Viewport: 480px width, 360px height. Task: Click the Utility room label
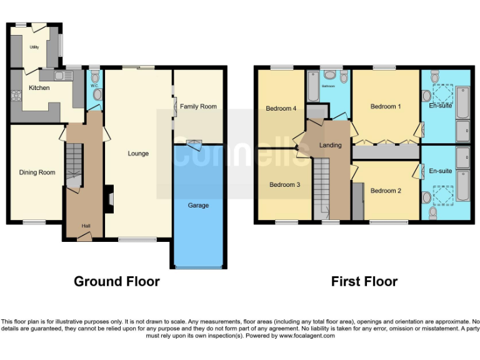pyautogui.click(x=34, y=47)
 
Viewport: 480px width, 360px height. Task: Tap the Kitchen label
pyautogui.click(x=39, y=88)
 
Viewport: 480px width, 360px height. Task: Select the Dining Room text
pyautogui.click(x=37, y=172)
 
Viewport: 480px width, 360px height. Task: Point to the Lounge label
pyautogui.click(x=138, y=153)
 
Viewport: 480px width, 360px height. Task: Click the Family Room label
pyautogui.click(x=198, y=106)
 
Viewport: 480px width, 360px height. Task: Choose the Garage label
pyautogui.click(x=198, y=205)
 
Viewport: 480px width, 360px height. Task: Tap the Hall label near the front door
pyautogui.click(x=86, y=226)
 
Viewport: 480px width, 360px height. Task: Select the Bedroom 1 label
pyautogui.click(x=386, y=106)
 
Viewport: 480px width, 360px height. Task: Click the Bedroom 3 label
pyautogui.click(x=284, y=185)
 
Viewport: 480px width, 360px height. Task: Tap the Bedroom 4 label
pyautogui.click(x=281, y=108)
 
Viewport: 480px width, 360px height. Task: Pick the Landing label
pyautogui.click(x=330, y=145)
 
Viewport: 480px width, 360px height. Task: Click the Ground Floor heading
pyautogui.click(x=116, y=281)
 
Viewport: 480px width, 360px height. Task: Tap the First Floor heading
pyautogui.click(x=364, y=281)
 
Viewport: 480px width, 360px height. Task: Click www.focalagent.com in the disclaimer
pyautogui.click(x=306, y=336)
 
